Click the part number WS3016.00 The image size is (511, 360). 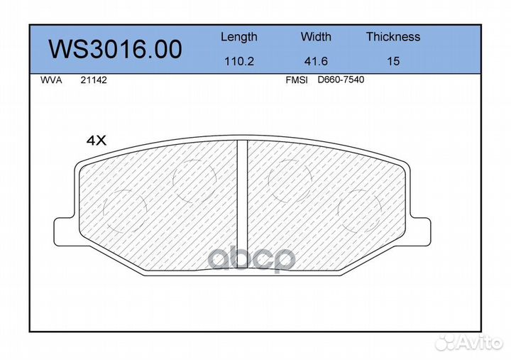pos(116,49)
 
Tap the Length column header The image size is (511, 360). pos(239,37)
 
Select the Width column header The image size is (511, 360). pos(316,36)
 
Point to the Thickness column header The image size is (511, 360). pos(393,36)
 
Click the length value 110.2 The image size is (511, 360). pos(239,61)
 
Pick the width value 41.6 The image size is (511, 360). pos(316,61)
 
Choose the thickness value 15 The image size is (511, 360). pos(393,61)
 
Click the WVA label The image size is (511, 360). pos(51,80)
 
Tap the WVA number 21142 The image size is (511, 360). pos(94,80)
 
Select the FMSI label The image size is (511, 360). pos(297,80)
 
